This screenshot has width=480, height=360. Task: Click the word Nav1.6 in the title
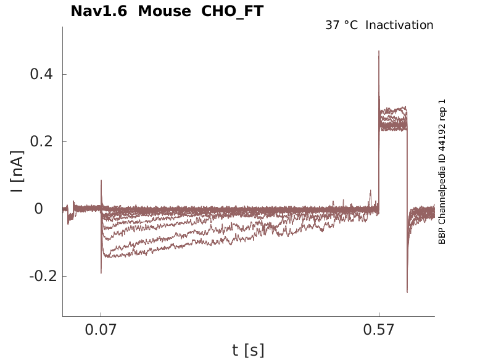pyautogui.click(x=99, y=11)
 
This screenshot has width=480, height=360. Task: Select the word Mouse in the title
pyautogui.click(x=164, y=11)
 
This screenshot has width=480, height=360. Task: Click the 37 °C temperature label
pyautogui.click(x=341, y=25)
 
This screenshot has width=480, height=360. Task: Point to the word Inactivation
pyautogui.click(x=399, y=25)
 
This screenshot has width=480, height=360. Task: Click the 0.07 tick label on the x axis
pyautogui.click(x=101, y=330)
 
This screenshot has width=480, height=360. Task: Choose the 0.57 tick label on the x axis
pyautogui.click(x=379, y=330)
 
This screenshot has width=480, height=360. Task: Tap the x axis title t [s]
pyautogui.click(x=248, y=351)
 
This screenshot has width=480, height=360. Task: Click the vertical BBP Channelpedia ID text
pyautogui.click(x=442, y=172)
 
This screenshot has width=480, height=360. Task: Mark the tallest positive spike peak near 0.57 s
pyautogui.click(x=379, y=51)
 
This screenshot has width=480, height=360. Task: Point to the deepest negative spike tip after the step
pyautogui.click(x=407, y=291)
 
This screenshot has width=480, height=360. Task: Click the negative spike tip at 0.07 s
pyautogui.click(x=101, y=272)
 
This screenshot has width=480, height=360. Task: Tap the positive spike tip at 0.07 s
pyautogui.click(x=101, y=181)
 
